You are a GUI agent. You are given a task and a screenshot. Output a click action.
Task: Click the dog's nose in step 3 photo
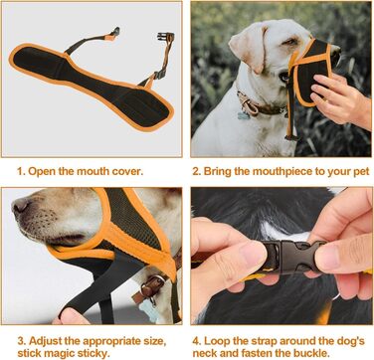tap(21, 207)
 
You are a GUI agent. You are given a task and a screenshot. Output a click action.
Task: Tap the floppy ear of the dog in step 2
tap(247, 47)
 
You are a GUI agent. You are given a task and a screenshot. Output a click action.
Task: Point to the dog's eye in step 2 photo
tap(291, 42)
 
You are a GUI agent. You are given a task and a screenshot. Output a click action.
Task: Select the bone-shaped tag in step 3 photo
tap(147, 310)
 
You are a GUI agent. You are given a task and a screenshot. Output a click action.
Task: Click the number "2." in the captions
tap(197, 172)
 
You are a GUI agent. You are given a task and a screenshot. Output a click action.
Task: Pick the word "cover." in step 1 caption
tap(128, 172)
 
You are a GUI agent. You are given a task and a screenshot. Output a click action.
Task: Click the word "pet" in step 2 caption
tap(360, 172)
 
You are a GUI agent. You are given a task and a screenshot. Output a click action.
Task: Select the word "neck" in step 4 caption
tap(205, 353)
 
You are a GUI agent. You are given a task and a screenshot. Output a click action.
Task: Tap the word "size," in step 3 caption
tap(152, 342)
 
